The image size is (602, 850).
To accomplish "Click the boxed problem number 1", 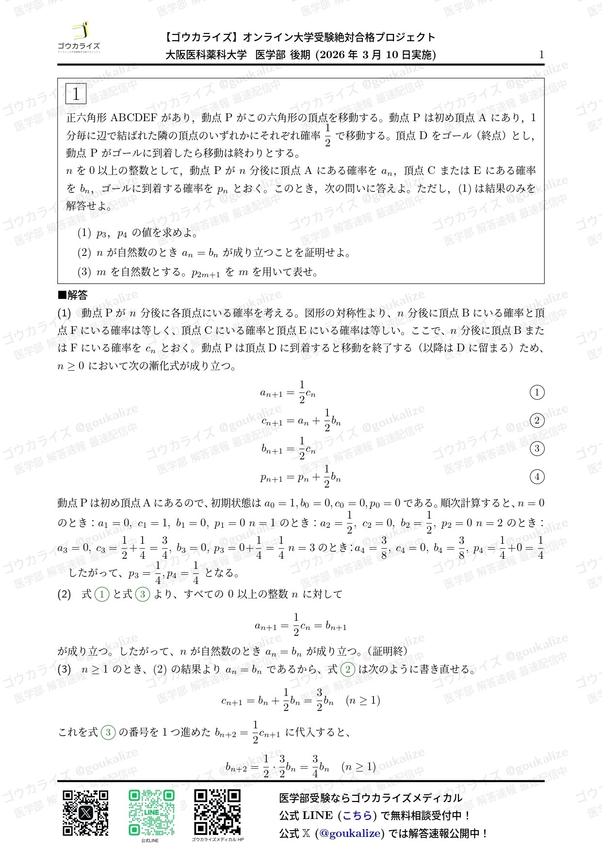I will (76, 94).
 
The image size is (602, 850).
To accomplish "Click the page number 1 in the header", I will (541, 55).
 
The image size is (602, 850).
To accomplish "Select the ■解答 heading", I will (73, 295).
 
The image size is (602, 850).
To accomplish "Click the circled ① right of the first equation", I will (537, 392).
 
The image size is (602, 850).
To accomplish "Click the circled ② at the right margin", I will (537, 420).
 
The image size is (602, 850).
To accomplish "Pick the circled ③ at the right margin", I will (537, 448).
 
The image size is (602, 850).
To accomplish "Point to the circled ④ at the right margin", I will (537, 477).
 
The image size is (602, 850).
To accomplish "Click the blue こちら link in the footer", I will (357, 816).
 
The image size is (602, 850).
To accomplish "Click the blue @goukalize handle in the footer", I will (350, 834).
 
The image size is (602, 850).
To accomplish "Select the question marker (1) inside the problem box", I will (84, 233).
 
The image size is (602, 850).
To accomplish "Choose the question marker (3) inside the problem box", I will (84, 272).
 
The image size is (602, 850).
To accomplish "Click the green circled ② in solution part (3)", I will (347, 670).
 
